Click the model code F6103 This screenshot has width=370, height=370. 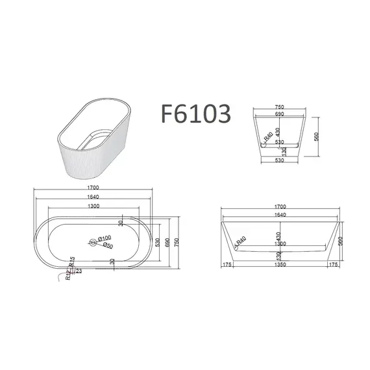[193, 114]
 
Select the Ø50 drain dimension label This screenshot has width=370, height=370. [109, 245]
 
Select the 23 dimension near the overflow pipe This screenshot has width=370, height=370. [79, 271]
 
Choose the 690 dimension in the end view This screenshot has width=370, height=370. [278, 114]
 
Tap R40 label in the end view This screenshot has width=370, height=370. [266, 136]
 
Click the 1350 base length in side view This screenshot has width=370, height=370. [280, 265]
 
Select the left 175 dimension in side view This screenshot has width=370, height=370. [227, 265]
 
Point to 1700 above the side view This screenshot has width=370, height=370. [280, 206]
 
